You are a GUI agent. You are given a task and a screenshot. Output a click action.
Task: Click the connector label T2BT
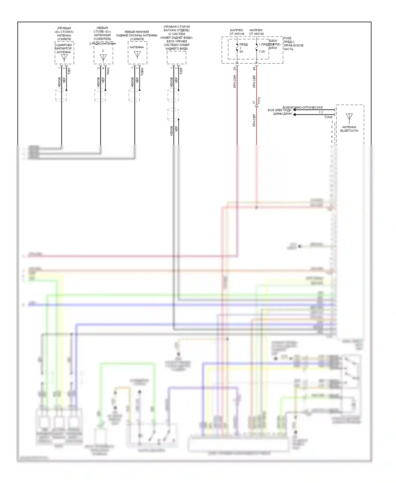69,71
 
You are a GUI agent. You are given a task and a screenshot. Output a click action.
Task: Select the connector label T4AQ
108,71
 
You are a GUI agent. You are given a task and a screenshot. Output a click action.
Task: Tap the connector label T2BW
142,71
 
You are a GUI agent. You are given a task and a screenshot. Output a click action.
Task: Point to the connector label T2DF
181,71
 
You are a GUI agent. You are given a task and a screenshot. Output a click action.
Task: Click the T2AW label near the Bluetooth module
328,117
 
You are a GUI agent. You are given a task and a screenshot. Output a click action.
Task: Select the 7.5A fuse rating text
262,52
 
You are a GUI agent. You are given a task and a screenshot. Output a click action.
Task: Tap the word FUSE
287,38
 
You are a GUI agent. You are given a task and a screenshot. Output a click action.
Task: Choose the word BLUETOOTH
349,131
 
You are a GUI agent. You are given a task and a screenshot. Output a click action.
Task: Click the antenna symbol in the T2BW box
137,55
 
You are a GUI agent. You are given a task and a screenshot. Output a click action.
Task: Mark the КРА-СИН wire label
234,81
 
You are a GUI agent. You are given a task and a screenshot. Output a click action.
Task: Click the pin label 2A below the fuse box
234,68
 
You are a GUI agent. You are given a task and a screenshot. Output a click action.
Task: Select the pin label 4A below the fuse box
254,68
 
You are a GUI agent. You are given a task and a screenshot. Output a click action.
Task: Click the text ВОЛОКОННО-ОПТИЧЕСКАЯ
303,108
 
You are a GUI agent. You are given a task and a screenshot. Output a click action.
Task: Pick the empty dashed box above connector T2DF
176,58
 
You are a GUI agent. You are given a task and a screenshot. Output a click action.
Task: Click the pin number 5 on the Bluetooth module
332,142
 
